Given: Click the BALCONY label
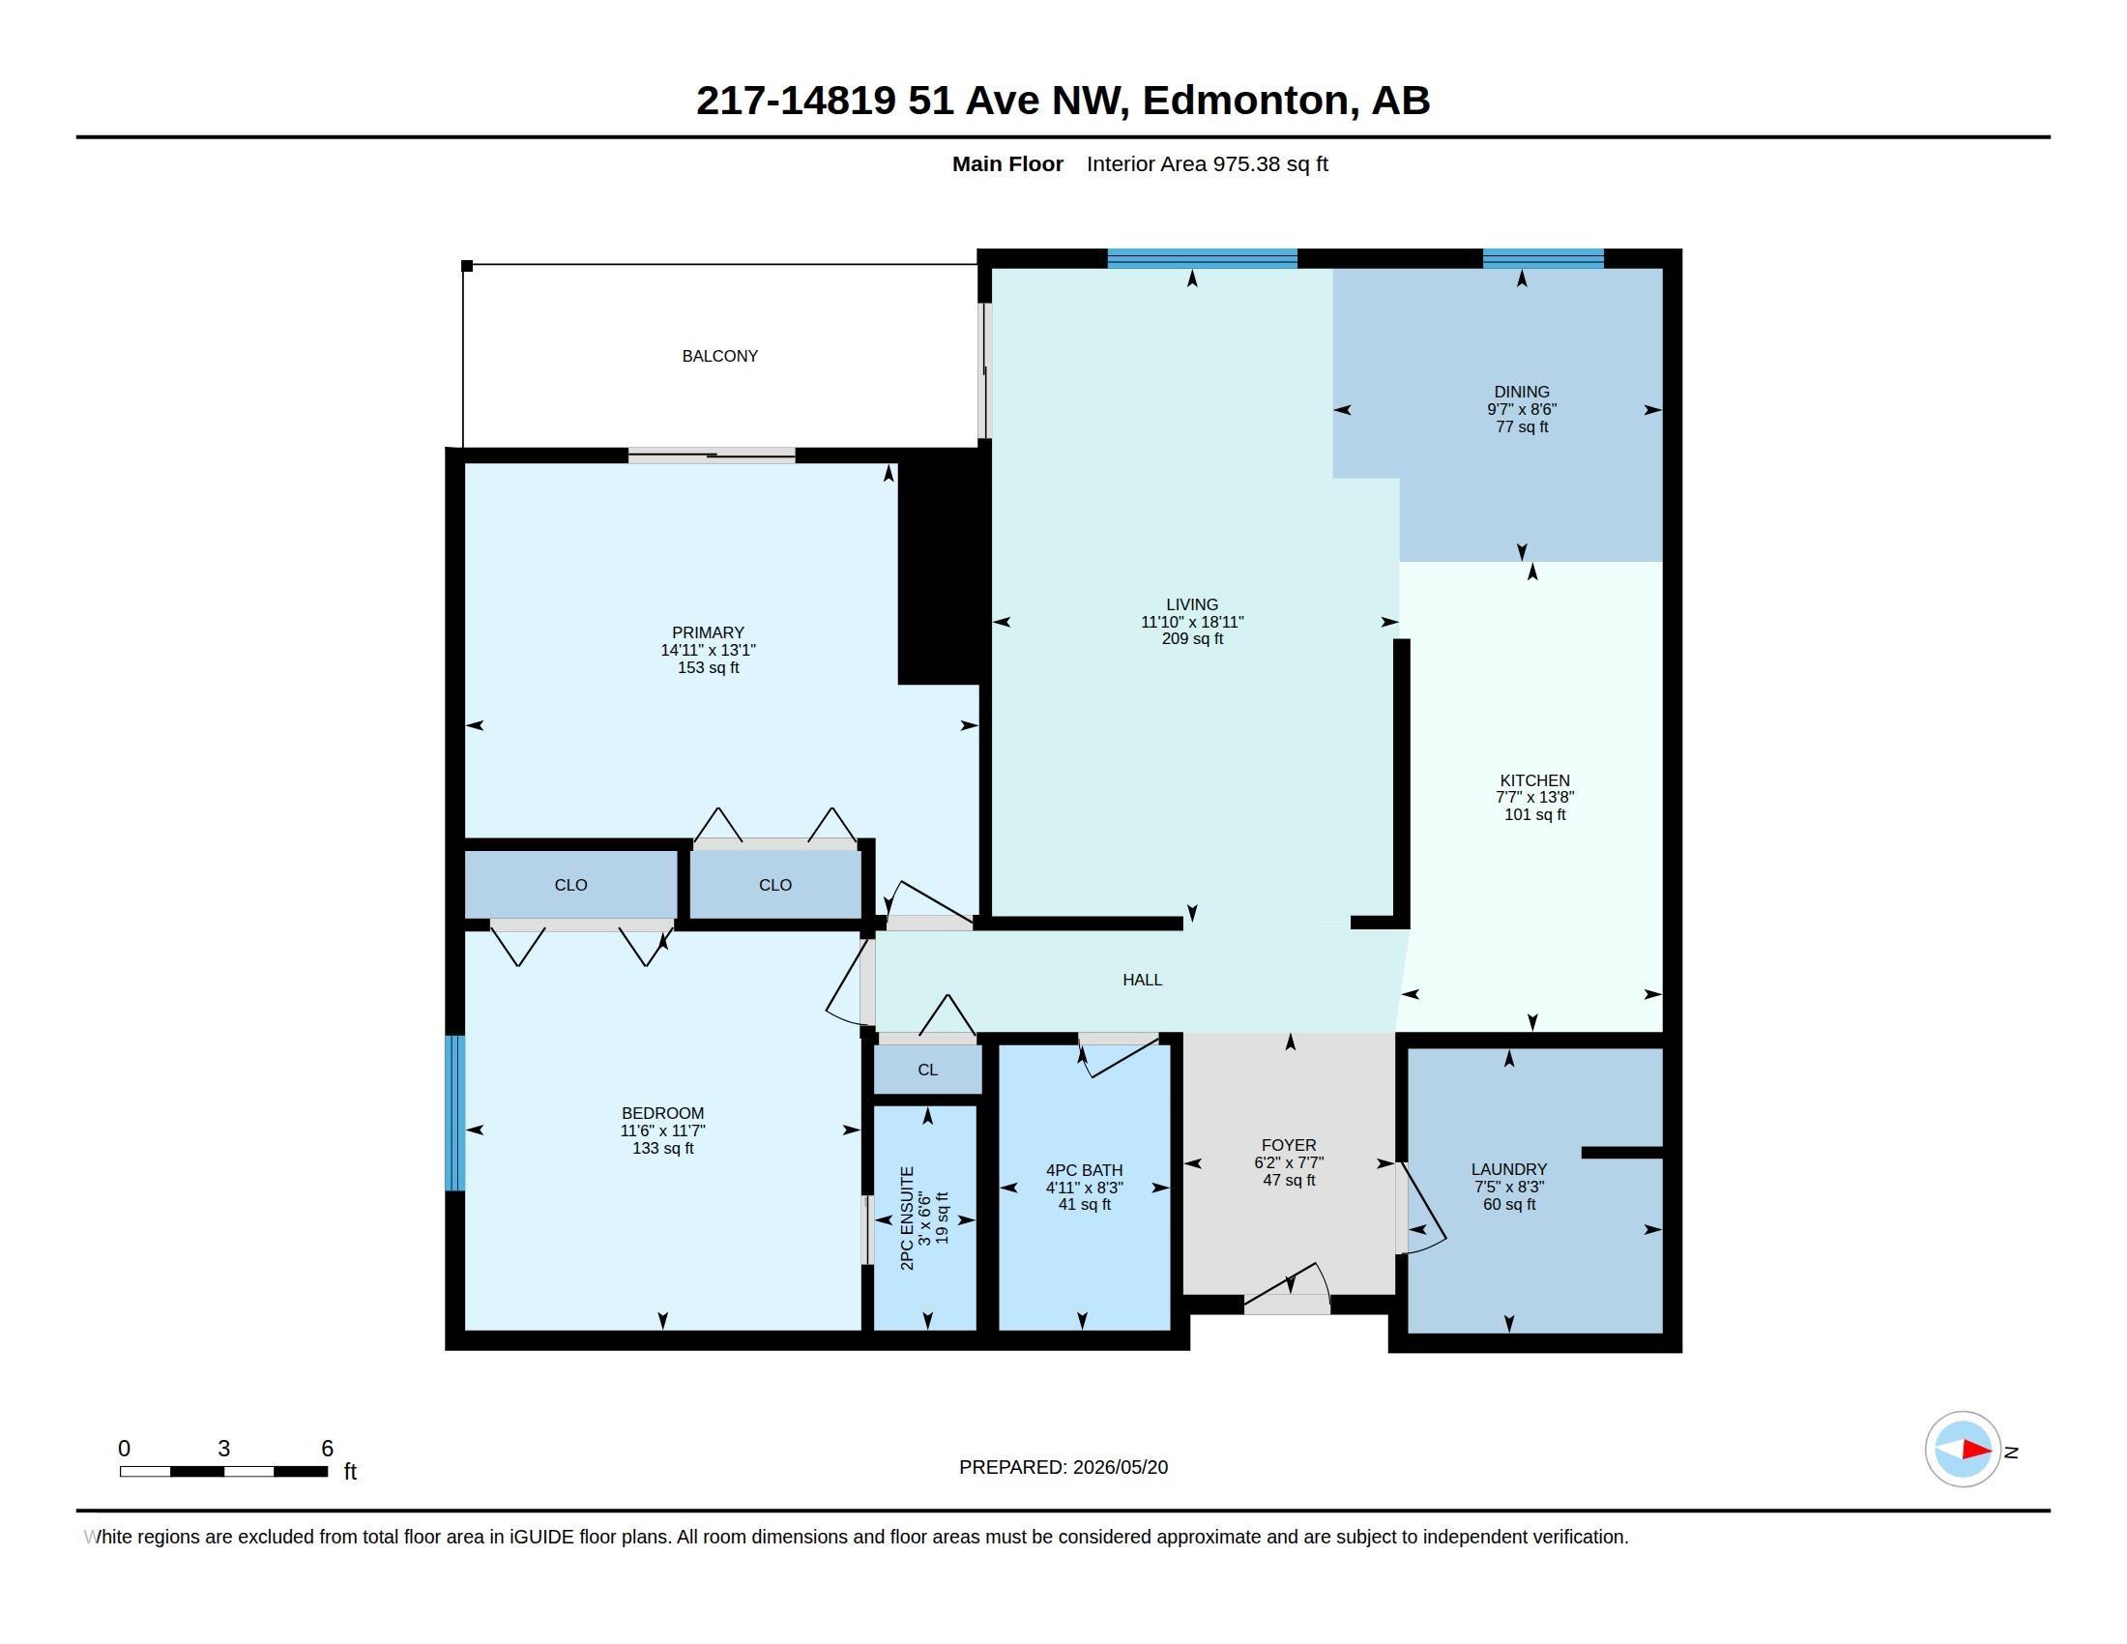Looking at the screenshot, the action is pos(719,357).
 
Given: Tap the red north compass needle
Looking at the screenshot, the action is pos(1977,1451).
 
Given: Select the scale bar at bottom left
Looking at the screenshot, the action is pos(224,1471).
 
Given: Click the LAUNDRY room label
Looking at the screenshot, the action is pos(1508,1170).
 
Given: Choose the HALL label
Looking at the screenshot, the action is pos(1143,980).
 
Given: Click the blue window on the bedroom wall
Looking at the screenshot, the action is pos(454,1113).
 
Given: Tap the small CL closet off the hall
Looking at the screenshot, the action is pos(927,1070).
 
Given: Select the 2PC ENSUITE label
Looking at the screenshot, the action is pos(907,1218).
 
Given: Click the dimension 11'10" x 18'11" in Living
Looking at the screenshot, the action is pos(1192,623).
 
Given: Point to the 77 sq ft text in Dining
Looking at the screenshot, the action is pos(1522,426).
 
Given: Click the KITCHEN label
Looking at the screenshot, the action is pos(1535,780).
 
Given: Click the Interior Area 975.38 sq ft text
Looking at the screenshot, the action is pos(1208,164).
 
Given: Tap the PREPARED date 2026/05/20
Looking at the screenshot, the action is pos(1120,1467).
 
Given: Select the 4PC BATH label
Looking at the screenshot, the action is pos(1085,1171).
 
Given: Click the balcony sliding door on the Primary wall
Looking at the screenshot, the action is pos(712,455).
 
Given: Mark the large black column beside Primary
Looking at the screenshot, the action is pos(939,567).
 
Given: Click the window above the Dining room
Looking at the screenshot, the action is pos(1543,259).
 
